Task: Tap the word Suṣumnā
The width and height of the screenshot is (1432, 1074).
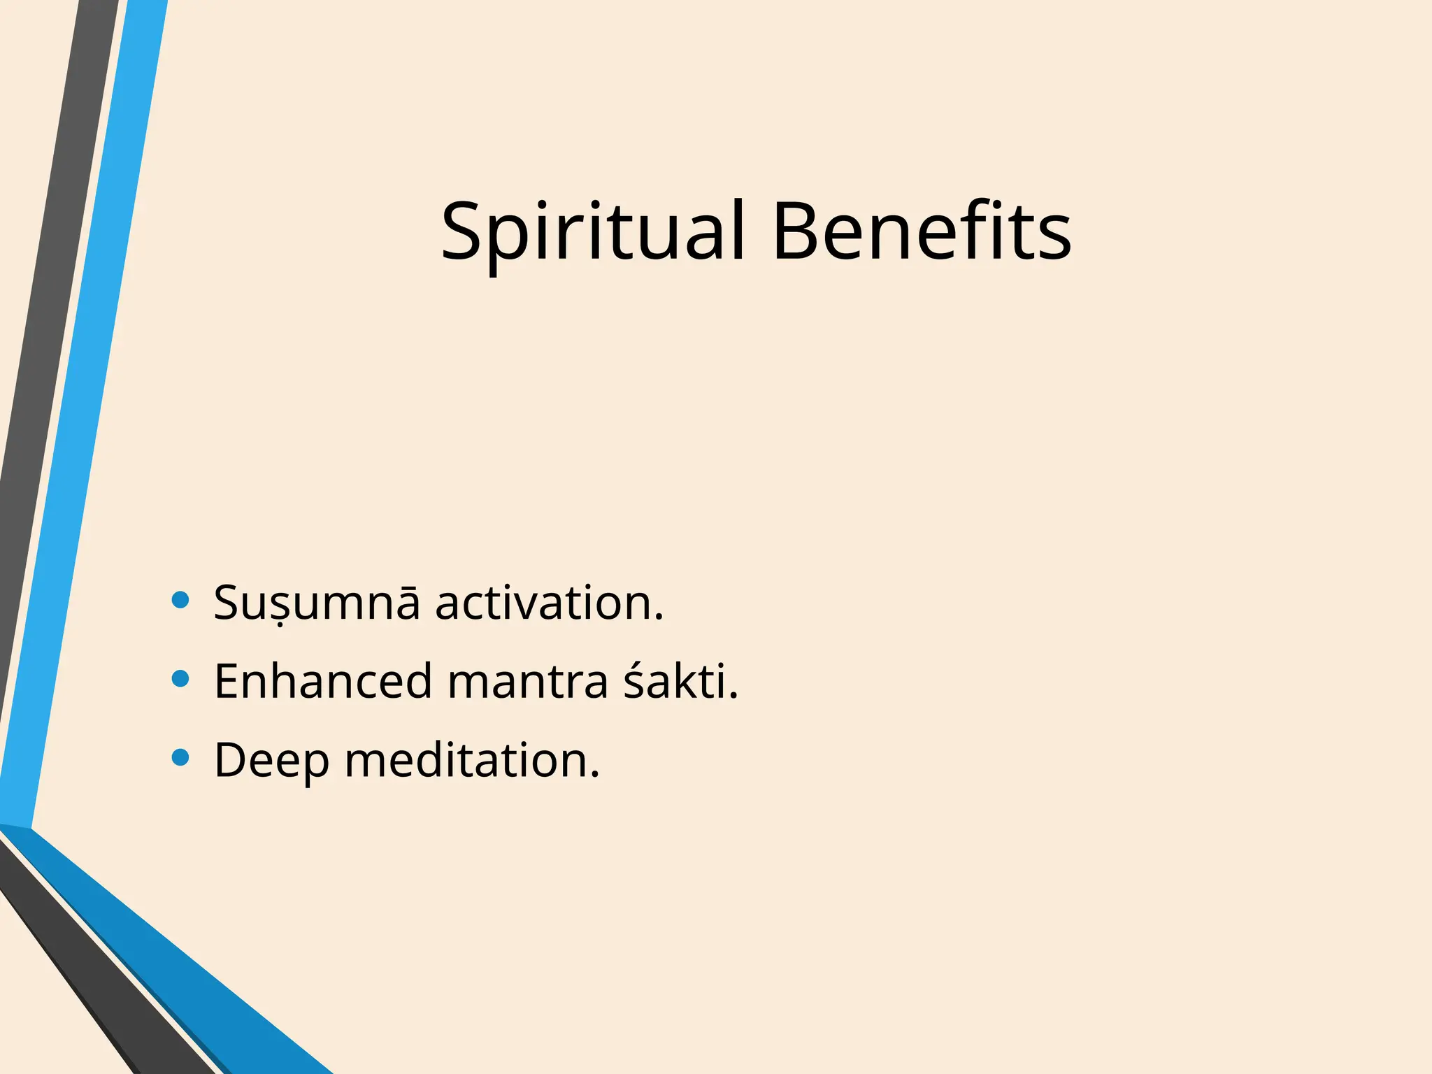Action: pos(317,603)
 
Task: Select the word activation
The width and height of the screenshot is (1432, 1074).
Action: pos(549,603)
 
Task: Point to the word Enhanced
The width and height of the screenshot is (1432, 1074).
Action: pos(323,682)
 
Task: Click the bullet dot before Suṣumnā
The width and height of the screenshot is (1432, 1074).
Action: pos(180,600)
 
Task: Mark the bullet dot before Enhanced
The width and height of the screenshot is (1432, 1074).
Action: pos(180,679)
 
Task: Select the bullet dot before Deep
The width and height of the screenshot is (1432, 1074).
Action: pos(180,758)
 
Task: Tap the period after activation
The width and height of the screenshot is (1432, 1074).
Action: pos(659,617)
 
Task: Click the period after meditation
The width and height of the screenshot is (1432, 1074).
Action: pos(595,775)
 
